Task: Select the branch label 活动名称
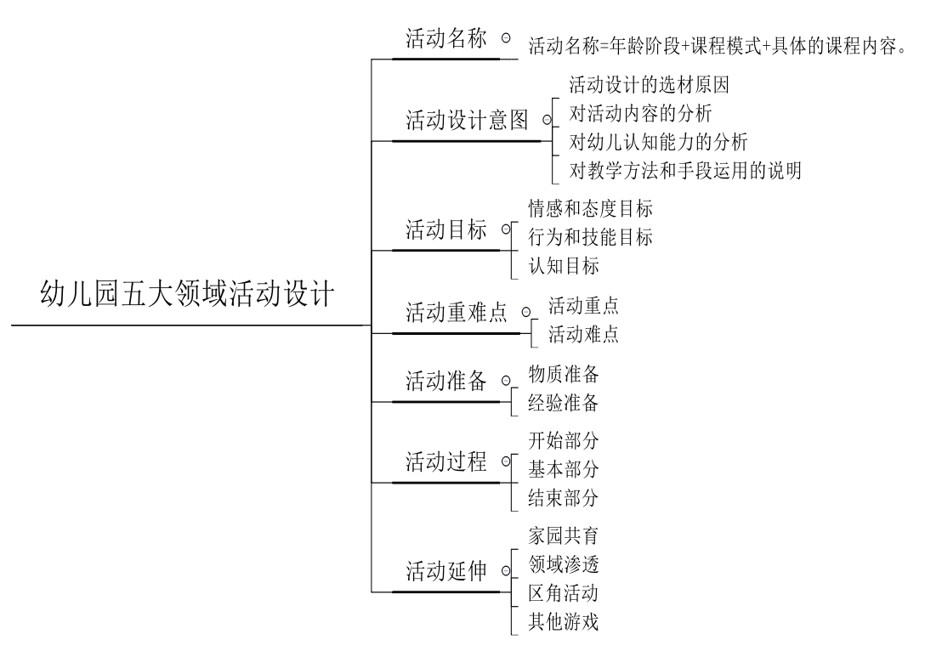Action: click(x=446, y=40)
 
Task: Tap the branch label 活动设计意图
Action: click(x=467, y=122)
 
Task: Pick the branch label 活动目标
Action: click(x=446, y=230)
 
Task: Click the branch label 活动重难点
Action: click(x=457, y=314)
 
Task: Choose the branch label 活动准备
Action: click(x=446, y=382)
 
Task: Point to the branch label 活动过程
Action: click(x=446, y=462)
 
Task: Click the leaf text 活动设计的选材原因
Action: click(x=650, y=85)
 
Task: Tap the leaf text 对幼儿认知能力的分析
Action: click(x=659, y=142)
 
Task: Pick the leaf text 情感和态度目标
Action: click(x=591, y=209)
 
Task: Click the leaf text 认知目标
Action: click(x=564, y=266)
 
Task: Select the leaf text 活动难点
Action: click(x=583, y=334)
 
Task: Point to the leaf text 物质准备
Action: click(x=564, y=374)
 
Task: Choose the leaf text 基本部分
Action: click(x=564, y=468)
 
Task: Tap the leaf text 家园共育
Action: click(x=564, y=535)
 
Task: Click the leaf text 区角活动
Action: click(x=564, y=593)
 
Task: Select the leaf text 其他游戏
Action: click(x=564, y=622)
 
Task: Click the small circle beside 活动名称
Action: click(x=506, y=38)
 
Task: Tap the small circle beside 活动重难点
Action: click(x=525, y=313)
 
